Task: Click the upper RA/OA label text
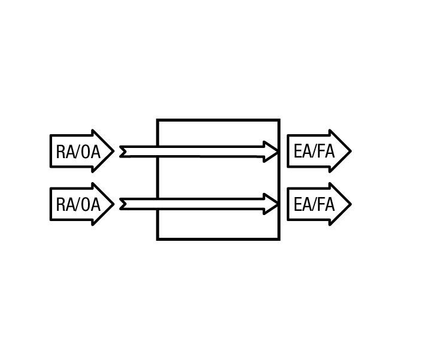pos(78,152)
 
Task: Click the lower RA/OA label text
pos(78,204)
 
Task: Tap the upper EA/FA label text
pos(314,151)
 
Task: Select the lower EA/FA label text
pos(314,204)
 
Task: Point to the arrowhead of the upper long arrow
pos(271,152)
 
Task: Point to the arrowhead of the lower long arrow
pos(271,204)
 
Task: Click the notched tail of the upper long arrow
pos(123,152)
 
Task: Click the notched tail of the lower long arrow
pos(123,204)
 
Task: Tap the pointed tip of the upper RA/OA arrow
pos(114,151)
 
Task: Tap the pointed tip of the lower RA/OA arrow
pos(114,204)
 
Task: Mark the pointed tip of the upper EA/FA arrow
pos(351,151)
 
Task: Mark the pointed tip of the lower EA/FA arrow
pos(351,204)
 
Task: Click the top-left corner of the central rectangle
pos(157,120)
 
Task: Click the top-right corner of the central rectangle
pos(279,120)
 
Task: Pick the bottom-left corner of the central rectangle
pos(157,239)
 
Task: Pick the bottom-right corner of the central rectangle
pos(279,239)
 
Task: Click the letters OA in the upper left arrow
pos(90,152)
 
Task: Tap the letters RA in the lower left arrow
pos(65,204)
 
